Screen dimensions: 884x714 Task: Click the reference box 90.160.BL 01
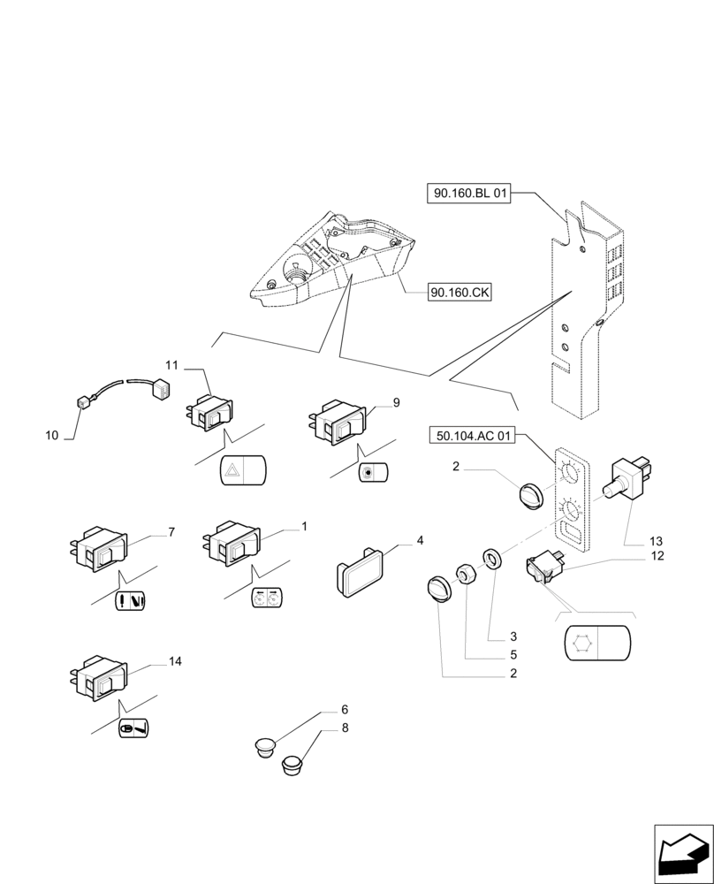point(470,194)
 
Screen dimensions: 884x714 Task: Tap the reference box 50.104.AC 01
point(475,435)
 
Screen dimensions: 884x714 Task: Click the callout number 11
point(171,364)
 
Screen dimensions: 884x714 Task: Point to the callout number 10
point(51,435)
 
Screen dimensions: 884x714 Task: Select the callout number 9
point(396,402)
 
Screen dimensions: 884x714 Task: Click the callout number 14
point(175,661)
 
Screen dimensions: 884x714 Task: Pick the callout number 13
point(655,540)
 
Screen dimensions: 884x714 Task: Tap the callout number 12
point(658,556)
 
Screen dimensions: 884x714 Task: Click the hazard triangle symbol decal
point(241,470)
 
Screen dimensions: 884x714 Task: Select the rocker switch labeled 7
point(97,552)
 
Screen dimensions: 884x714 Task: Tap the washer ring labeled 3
point(491,557)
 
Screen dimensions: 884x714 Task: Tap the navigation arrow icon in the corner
point(681,854)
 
